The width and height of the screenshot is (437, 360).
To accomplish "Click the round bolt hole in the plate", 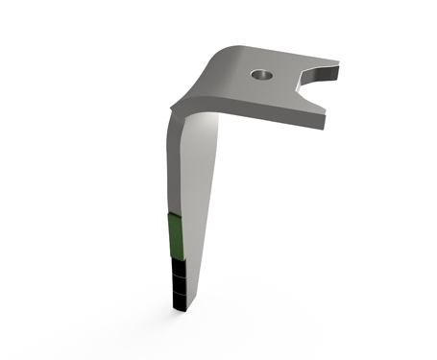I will click(260, 74).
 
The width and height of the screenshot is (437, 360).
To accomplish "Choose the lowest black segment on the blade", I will click(180, 300).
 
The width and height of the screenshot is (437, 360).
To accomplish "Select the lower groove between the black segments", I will click(179, 291).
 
